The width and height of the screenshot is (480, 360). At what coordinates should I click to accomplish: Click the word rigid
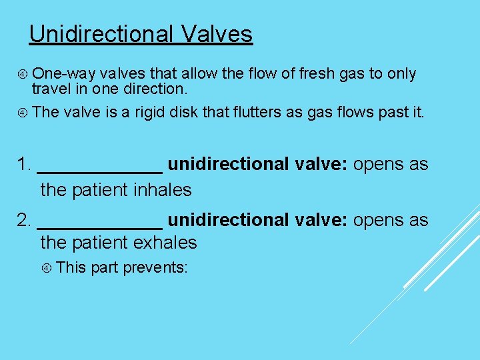click(152, 112)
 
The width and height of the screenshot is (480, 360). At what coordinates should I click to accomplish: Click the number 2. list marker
click(25, 221)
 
